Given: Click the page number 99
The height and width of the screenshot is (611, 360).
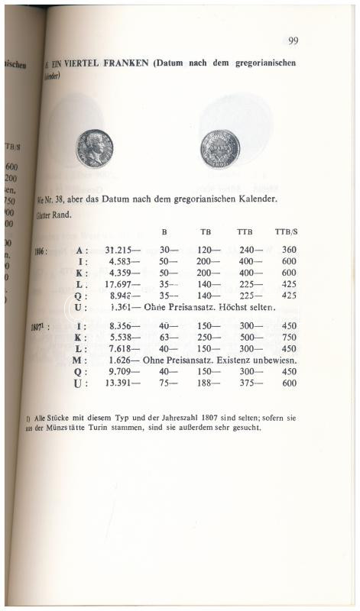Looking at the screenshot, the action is [x=293, y=40].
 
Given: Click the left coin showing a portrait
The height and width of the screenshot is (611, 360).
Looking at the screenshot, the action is [x=94, y=147].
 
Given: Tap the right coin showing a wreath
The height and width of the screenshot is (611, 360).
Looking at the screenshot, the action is [x=220, y=147].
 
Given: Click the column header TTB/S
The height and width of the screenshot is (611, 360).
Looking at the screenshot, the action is [x=286, y=231].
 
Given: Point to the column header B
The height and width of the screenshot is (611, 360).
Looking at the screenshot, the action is [x=164, y=231].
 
